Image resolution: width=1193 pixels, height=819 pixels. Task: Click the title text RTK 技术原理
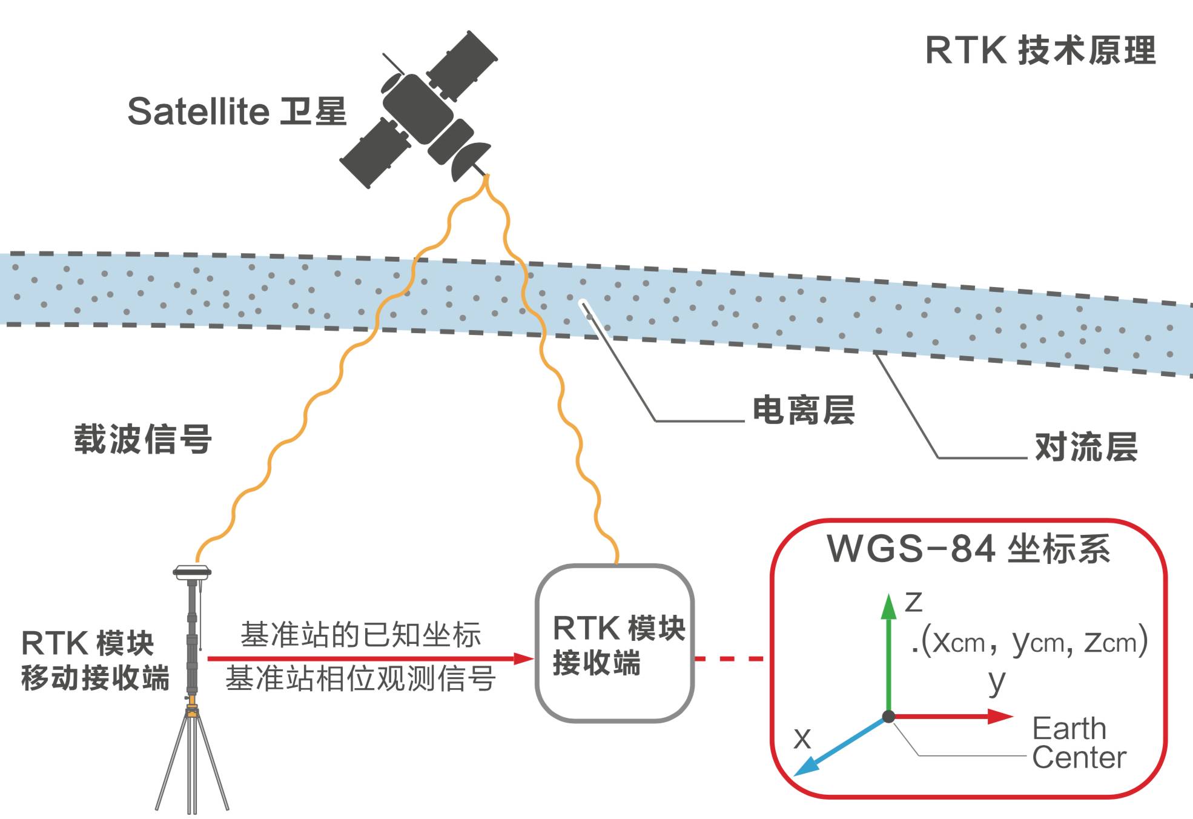tap(1040, 50)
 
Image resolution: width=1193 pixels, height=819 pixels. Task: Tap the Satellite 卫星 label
tap(237, 111)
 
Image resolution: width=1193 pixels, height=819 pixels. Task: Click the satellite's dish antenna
tap(469, 160)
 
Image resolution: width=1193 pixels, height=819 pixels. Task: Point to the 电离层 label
tap(803, 410)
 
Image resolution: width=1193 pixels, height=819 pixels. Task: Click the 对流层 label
tap(1086, 447)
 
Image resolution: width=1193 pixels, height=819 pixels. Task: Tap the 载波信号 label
tap(143, 439)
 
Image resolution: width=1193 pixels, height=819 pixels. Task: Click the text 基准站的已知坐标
tap(361, 635)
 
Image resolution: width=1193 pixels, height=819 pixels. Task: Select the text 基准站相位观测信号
tap(361, 678)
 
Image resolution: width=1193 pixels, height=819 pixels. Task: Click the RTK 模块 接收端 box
tap(615, 643)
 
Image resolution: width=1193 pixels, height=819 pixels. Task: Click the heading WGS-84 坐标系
tap(968, 549)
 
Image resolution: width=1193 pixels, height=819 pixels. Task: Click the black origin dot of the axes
tap(888, 717)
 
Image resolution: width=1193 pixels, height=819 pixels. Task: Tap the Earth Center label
tap(1078, 743)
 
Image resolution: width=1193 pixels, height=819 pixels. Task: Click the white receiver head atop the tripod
tap(192, 571)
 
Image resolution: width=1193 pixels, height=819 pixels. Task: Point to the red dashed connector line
tap(730, 658)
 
